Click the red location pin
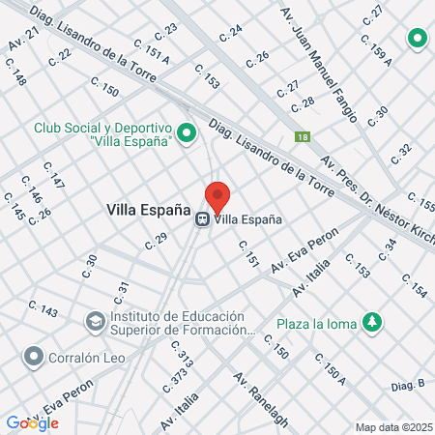217,196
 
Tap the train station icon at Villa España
203,218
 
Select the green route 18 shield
304,137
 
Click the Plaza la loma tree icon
371,323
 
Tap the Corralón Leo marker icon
34,358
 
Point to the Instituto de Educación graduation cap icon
96,320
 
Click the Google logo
32,422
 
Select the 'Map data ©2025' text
392,426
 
